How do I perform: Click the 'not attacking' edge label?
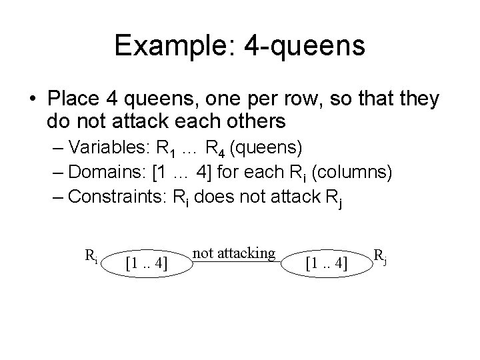[233, 252]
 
